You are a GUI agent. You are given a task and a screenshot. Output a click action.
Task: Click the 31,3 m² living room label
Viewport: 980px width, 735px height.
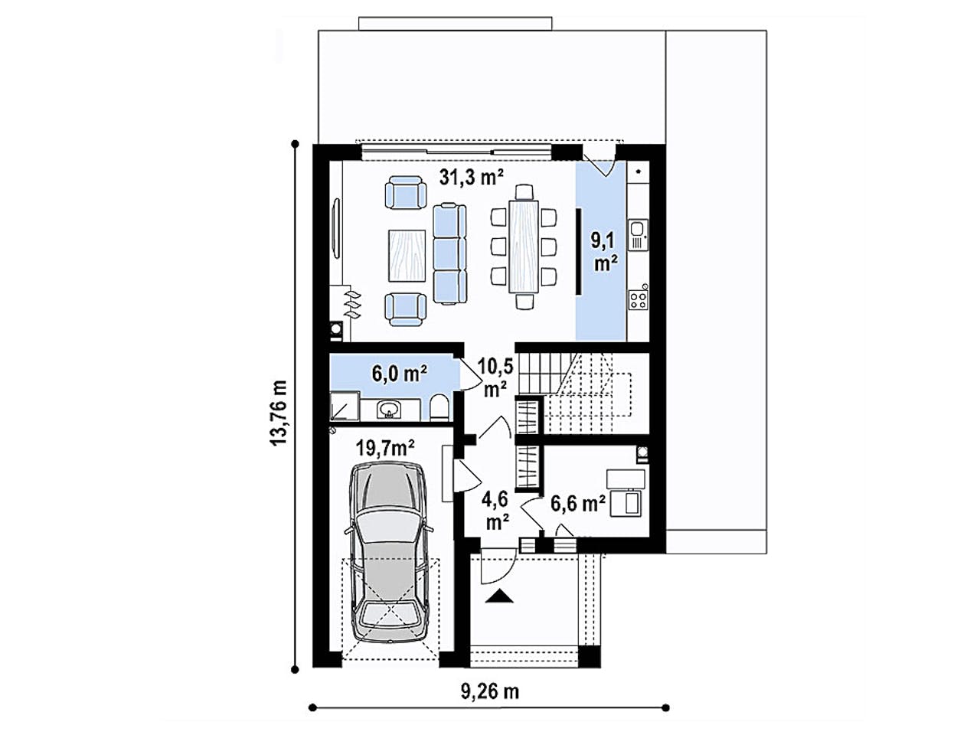coord(471,178)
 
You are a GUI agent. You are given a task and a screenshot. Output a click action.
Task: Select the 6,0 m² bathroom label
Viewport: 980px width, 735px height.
coord(399,374)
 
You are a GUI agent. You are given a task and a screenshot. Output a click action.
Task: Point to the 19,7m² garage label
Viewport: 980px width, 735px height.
coord(386,448)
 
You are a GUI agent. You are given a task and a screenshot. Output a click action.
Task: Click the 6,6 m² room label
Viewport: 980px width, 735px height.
coord(578,503)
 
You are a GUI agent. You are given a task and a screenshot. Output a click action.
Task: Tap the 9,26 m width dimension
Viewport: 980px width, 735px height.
coord(489,691)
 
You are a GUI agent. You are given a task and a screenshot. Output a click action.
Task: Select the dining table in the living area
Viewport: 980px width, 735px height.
coord(524,245)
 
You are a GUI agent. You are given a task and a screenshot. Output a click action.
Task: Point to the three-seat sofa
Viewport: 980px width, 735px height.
coord(449,253)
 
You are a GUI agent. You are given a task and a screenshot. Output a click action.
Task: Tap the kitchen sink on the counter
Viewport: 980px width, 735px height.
coord(637,234)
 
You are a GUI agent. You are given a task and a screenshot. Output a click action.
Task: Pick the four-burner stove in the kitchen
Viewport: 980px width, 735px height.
coord(638,297)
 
